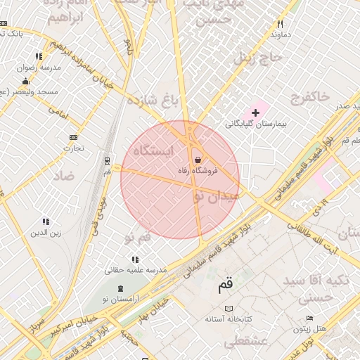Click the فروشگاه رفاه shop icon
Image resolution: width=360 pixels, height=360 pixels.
[197, 160]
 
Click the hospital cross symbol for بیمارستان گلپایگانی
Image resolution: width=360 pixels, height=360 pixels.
[255, 112]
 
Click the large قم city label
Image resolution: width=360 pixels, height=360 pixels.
[225, 285]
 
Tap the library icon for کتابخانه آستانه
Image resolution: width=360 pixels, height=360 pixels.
[228, 309]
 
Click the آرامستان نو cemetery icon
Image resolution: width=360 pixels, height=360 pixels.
[120, 288]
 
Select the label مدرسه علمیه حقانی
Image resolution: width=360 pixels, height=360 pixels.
[135, 270]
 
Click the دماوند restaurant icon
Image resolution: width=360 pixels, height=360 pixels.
[280, 25]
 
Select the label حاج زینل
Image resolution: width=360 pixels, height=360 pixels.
[259, 57]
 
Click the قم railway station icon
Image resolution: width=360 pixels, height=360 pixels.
[107, 161]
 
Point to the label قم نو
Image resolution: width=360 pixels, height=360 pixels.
[137, 238]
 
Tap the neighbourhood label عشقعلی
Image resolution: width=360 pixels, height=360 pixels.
[240, 342]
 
